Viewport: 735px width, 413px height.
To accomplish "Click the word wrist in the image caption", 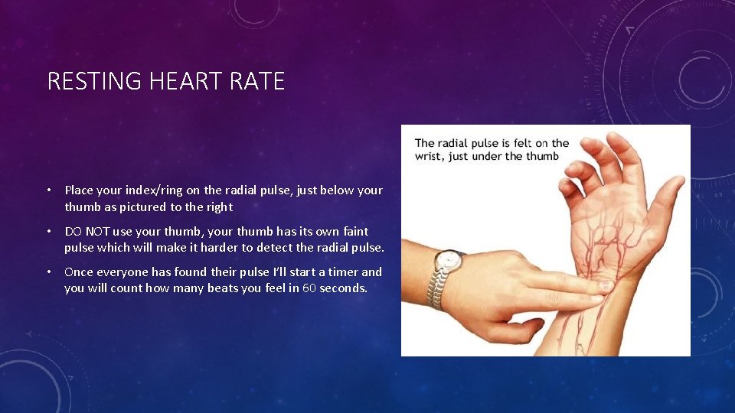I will (430, 157).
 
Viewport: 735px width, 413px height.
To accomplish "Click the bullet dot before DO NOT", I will (48, 232).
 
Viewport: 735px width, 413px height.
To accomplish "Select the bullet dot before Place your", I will (48, 190).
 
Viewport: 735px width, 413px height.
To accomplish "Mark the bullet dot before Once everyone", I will (48, 272).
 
